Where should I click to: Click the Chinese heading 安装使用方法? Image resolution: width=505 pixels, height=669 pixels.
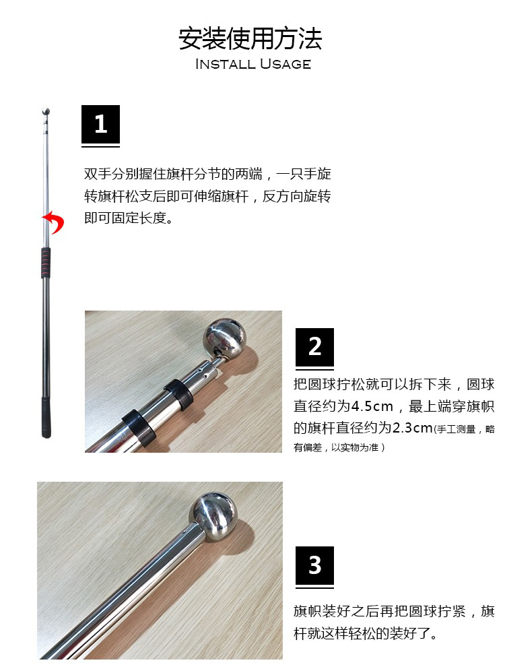[x=250, y=38]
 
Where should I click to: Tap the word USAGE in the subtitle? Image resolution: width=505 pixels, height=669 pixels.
[x=285, y=64]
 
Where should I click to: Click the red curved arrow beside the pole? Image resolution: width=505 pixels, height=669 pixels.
[x=54, y=222]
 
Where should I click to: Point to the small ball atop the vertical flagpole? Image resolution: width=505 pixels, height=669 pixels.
[x=46, y=113]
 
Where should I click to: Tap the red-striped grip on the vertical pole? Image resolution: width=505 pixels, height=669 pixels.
[x=46, y=262]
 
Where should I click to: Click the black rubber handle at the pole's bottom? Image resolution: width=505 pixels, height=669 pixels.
[x=46, y=418]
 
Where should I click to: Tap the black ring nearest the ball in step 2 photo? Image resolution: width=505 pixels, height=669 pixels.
[x=178, y=394]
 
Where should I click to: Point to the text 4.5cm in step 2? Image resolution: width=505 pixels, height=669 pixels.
[x=372, y=406]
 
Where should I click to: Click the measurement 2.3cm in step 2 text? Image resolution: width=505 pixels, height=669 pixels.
[x=413, y=428]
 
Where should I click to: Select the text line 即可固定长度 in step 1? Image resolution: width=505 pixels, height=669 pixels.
[x=129, y=218]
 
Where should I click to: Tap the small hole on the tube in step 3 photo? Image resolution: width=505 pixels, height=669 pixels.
[x=184, y=532]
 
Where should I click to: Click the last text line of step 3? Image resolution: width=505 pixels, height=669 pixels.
[x=366, y=633]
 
